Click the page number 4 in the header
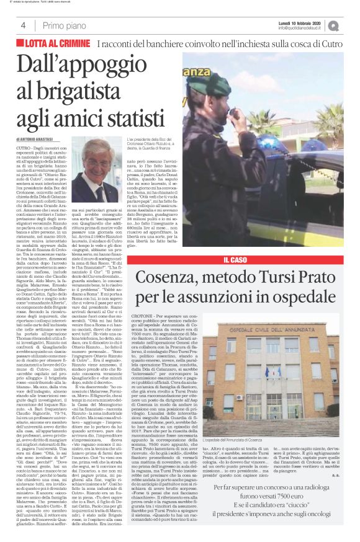tap(23, 25)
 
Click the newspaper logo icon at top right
tap(351, 25)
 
